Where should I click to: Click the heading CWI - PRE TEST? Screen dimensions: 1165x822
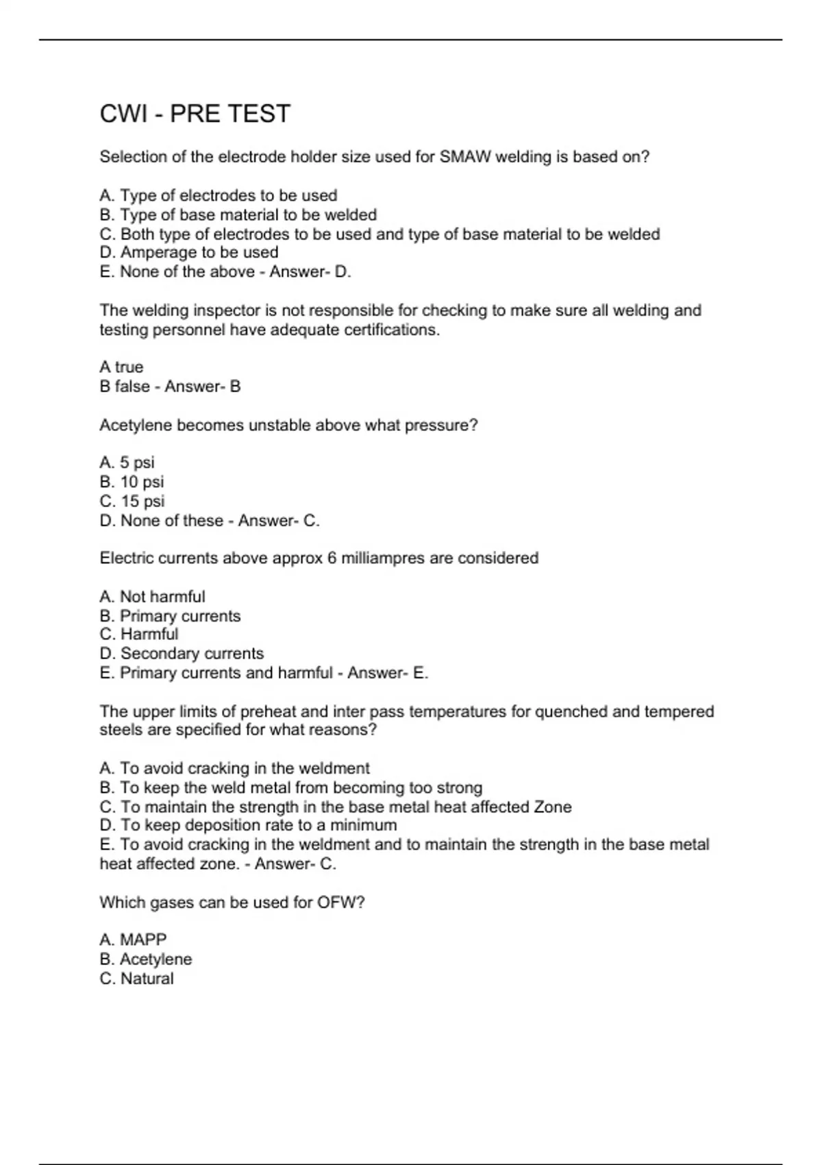195,114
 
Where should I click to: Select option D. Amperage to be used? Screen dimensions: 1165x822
189,252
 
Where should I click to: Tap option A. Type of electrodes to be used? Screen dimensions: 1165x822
219,195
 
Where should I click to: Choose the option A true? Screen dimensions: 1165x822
121,367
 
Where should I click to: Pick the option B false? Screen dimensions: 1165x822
125,387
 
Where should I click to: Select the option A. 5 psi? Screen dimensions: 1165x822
127,463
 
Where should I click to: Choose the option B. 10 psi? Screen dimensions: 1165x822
132,482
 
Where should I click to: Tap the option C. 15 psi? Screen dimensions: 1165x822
132,501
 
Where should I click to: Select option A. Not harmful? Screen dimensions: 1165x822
152,597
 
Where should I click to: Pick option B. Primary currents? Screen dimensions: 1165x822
170,616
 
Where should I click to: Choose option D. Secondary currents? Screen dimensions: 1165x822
182,654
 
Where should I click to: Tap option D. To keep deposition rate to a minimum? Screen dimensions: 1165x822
248,825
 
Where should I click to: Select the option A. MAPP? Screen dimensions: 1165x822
133,940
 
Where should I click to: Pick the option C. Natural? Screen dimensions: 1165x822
136,979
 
